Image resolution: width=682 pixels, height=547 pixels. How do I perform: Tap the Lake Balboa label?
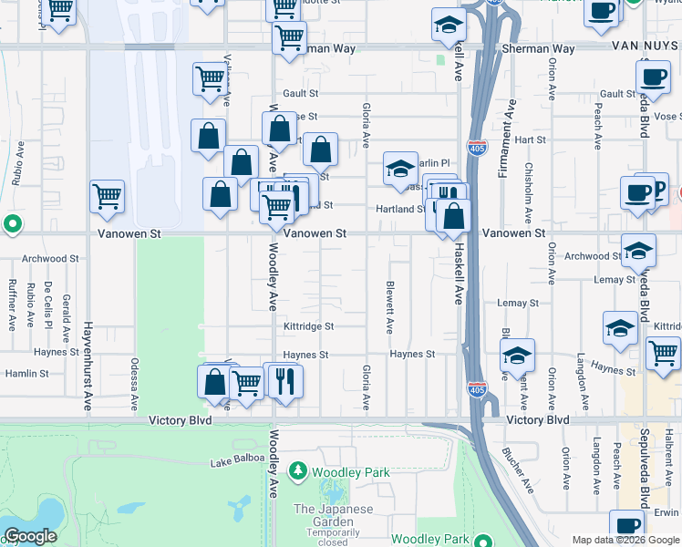click(x=236, y=463)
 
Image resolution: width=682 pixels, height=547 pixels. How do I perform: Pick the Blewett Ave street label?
click(x=389, y=305)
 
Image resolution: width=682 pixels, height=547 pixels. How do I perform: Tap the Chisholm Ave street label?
click(x=529, y=193)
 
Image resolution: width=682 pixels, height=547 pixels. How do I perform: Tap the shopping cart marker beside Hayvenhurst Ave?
click(x=108, y=196)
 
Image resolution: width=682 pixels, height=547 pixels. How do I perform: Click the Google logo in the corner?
click(x=30, y=536)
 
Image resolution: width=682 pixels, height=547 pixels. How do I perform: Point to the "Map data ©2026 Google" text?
click(x=625, y=540)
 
